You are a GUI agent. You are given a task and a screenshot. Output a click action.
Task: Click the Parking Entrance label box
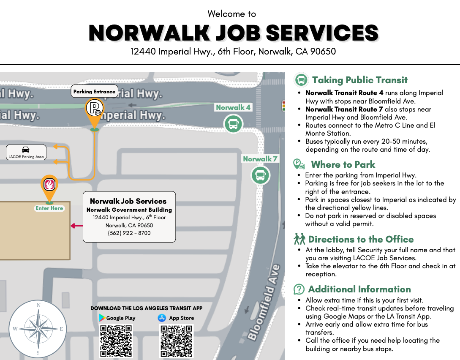(x=94, y=91)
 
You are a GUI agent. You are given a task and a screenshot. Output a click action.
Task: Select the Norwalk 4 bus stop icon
(x=233, y=124)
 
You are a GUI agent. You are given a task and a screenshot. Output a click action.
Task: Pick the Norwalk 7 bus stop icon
(x=260, y=175)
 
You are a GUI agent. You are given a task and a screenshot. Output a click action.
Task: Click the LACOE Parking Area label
(x=26, y=152)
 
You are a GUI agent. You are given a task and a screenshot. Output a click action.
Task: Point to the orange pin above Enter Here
(x=49, y=185)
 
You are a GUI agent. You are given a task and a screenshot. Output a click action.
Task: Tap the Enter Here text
(x=49, y=208)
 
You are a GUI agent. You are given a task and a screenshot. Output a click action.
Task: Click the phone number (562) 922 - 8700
(x=129, y=233)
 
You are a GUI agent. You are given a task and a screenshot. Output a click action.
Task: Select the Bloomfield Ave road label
(x=264, y=303)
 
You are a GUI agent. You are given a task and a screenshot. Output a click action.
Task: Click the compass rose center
(x=38, y=329)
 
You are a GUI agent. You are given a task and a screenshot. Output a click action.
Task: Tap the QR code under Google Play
(x=116, y=341)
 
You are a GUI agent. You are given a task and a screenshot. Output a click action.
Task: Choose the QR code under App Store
(x=177, y=341)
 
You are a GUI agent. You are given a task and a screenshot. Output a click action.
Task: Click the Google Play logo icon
(x=101, y=318)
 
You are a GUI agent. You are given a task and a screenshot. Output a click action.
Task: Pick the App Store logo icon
(x=162, y=318)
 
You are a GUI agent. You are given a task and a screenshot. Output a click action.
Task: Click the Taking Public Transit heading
(x=359, y=80)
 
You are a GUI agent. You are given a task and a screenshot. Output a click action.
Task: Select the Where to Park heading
(x=343, y=164)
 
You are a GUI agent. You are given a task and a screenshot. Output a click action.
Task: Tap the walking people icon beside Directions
(x=299, y=239)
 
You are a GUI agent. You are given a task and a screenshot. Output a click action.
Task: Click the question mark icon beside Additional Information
(x=299, y=289)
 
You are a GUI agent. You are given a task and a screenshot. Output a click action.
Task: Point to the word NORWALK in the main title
(x=149, y=33)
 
